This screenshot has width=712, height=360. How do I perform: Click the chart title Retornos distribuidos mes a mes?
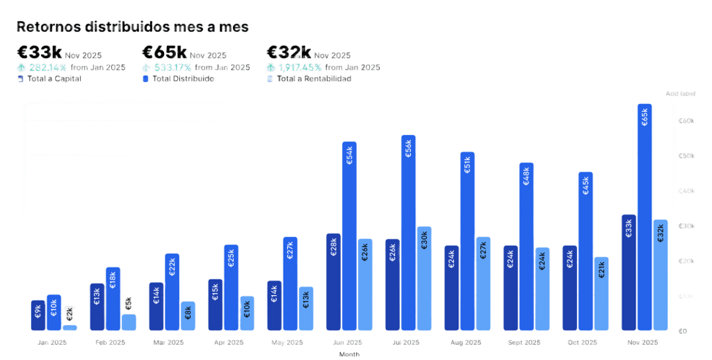tap(132, 27)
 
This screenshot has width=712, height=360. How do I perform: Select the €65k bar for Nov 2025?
tap(645, 218)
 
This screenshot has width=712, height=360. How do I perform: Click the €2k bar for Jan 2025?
tap(70, 327)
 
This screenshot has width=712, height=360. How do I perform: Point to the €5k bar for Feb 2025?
tap(129, 322)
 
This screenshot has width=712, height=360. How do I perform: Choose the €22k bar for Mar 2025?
tap(172, 292)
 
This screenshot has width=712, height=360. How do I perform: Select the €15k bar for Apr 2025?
tap(215, 304)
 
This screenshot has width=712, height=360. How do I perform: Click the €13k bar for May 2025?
tap(306, 308)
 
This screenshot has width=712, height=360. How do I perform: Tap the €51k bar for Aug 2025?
tap(467, 242)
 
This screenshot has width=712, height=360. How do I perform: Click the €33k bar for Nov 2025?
tap(629, 273)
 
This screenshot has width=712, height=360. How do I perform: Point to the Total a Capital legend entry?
tap(53, 79)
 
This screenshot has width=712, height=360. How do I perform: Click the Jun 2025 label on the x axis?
tap(347, 343)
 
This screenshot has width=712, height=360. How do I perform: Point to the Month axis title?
tap(349, 355)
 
